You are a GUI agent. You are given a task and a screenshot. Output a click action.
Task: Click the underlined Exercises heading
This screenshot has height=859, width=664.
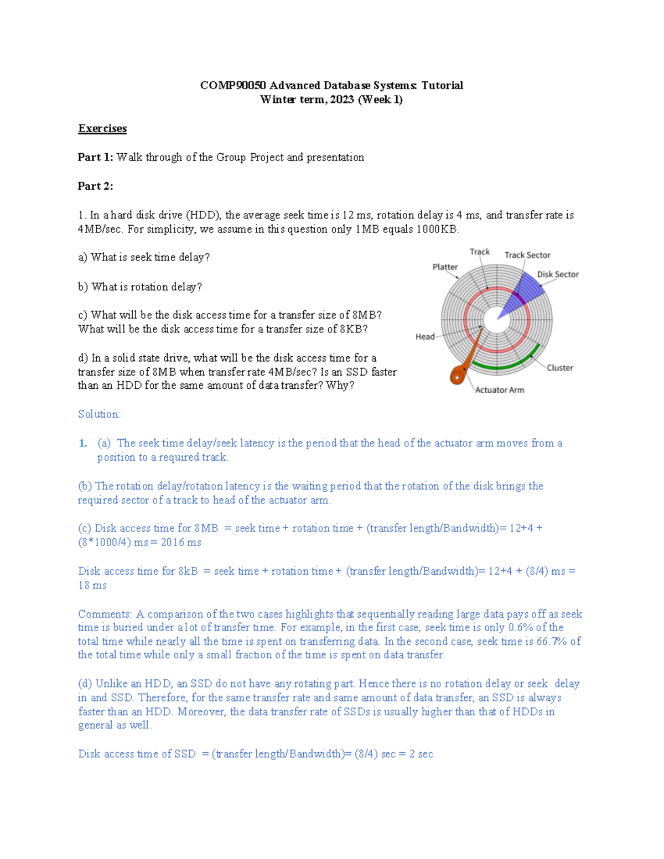102,128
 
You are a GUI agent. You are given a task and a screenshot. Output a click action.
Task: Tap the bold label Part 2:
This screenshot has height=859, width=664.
95,186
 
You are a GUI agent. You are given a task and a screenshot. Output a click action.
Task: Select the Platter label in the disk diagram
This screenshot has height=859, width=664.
445,267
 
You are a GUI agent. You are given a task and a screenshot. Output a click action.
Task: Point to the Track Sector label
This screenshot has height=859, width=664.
527,255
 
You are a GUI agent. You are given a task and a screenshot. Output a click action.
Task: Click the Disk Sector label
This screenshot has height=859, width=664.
558,274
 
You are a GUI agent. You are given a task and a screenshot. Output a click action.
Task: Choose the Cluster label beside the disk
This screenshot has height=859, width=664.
560,368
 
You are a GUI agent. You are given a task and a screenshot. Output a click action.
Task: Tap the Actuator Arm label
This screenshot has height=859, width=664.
500,390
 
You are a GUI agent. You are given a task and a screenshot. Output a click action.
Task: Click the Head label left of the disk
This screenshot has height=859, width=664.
425,336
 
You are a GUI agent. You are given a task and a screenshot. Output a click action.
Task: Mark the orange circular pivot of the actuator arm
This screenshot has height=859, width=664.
458,377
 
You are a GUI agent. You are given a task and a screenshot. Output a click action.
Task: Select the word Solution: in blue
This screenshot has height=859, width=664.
100,414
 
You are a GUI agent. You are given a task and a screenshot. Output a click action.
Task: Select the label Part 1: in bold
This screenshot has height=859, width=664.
95,157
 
